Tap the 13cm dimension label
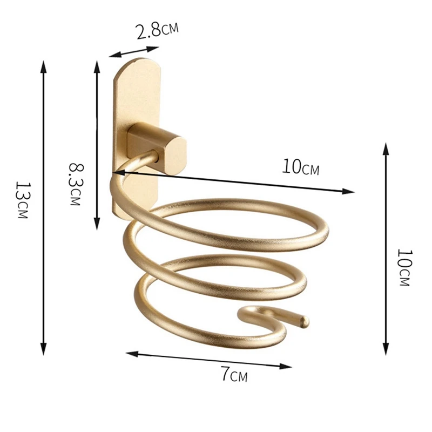click(x=22, y=200)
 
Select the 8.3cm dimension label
click(x=75, y=184)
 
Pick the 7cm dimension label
click(x=234, y=374)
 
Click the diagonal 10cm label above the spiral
click(x=301, y=167)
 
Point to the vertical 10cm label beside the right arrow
click(x=404, y=267)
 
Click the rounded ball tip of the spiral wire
click(x=305, y=321)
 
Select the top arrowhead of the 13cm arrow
click(x=43, y=66)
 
